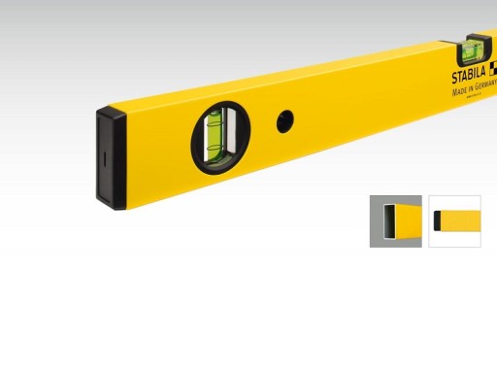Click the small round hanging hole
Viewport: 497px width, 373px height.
coord(284,120)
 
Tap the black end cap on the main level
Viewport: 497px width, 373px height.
coord(112,160)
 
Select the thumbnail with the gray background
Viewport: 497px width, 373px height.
coord(395,220)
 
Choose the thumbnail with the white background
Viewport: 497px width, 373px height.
coord(455,220)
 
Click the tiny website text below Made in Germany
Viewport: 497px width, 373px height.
coord(477,98)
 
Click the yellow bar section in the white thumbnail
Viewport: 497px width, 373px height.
coord(463,220)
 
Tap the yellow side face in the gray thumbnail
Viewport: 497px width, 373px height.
coord(409,220)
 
